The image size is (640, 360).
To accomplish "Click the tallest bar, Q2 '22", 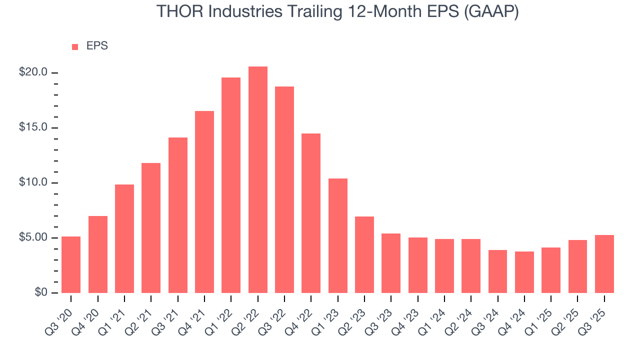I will (x=257, y=179).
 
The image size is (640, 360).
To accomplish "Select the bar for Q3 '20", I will (x=71, y=264).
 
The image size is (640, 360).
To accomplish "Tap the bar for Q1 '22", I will (x=231, y=185).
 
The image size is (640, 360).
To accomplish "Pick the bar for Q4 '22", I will (x=311, y=213).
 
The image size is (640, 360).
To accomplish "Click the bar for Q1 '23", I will (x=337, y=235).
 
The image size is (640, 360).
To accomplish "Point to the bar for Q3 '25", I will (x=604, y=263).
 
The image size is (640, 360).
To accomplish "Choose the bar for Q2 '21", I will (x=151, y=227).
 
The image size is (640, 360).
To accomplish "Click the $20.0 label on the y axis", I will (x=33, y=72).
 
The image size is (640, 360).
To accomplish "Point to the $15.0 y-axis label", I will (x=33, y=127).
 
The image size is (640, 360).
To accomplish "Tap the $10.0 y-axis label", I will (x=33, y=182).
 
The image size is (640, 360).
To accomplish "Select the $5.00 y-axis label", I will (x=33, y=237).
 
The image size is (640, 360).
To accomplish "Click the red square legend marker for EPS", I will (x=75, y=46).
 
